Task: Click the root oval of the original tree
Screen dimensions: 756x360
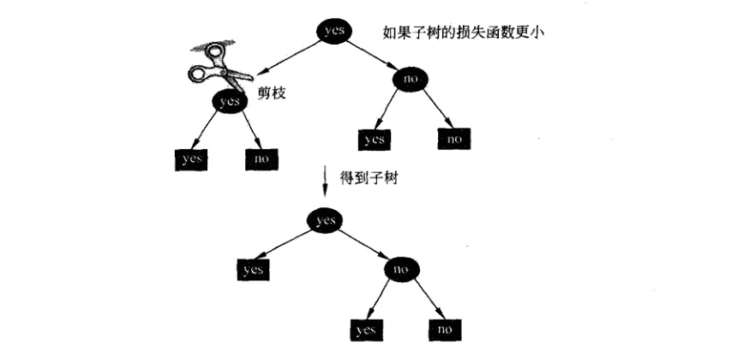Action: click(333, 32)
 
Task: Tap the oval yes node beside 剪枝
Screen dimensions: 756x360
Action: click(230, 101)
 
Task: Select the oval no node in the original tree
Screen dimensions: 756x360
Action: click(411, 79)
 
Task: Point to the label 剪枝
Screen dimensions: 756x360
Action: click(272, 93)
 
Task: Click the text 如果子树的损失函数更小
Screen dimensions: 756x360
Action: click(463, 33)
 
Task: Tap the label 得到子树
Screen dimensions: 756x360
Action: click(369, 179)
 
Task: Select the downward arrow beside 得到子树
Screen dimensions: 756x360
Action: click(326, 181)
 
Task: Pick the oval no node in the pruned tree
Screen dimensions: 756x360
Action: click(402, 269)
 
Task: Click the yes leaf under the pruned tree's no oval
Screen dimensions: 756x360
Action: click(367, 330)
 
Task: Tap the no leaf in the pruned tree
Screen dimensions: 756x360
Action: click(445, 330)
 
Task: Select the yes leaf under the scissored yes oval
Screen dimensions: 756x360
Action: click(191, 159)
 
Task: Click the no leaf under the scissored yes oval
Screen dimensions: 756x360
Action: click(261, 159)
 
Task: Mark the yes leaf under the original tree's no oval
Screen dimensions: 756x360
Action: click(374, 140)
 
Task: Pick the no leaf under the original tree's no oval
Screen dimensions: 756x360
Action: click(453, 140)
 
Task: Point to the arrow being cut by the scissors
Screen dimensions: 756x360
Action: click(288, 57)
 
